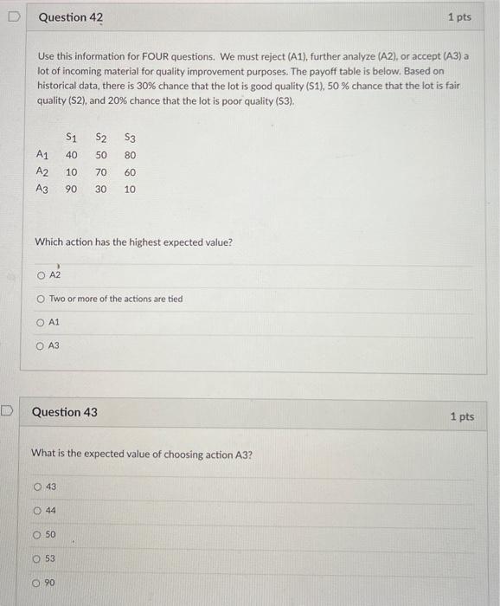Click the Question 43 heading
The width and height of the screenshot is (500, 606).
pyautogui.click(x=64, y=412)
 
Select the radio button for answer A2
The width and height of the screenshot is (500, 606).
pyautogui.click(x=40, y=275)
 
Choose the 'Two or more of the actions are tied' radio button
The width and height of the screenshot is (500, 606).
pyautogui.click(x=40, y=300)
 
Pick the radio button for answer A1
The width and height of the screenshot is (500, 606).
pyautogui.click(x=40, y=322)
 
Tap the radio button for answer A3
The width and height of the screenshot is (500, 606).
pyautogui.click(x=40, y=345)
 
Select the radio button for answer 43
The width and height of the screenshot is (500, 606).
pyautogui.click(x=36, y=487)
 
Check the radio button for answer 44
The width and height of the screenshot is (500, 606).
pyautogui.click(x=36, y=511)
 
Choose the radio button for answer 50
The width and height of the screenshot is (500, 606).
pyautogui.click(x=36, y=535)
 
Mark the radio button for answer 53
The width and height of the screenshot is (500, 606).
pyautogui.click(x=36, y=559)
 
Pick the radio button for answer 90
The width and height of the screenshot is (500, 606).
pyautogui.click(x=36, y=583)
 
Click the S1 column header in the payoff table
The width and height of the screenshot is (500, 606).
pyautogui.click(x=72, y=137)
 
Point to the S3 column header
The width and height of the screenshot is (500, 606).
pyautogui.click(x=130, y=137)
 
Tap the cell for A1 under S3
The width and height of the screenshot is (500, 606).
pyautogui.click(x=130, y=155)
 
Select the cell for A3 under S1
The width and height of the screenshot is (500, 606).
pyautogui.click(x=72, y=190)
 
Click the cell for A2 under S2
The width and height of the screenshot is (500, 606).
pyautogui.click(x=101, y=172)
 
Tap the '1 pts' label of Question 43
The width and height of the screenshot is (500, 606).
pyautogui.click(x=462, y=416)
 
